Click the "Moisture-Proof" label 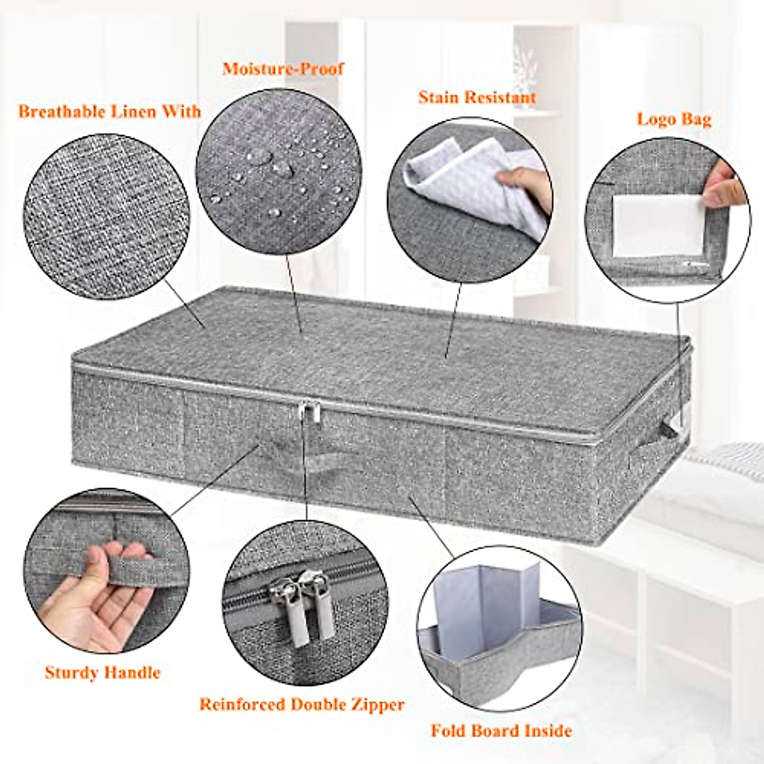(x=283, y=69)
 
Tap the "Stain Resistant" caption (x=477, y=97)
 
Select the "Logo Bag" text (x=674, y=119)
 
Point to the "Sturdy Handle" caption (x=103, y=672)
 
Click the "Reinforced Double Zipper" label (x=302, y=705)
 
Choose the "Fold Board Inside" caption (x=501, y=730)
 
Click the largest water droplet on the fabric (x=281, y=168)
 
